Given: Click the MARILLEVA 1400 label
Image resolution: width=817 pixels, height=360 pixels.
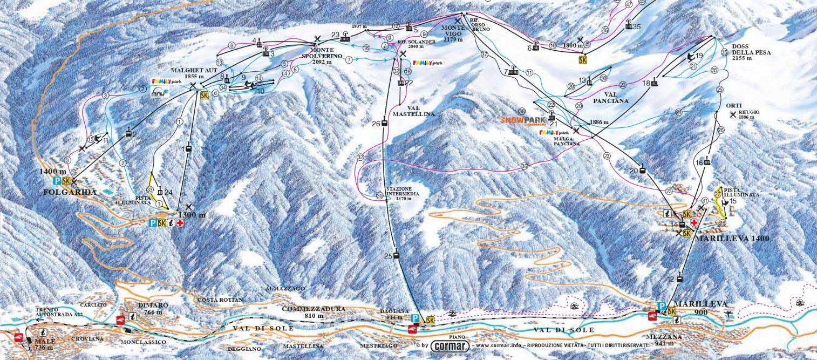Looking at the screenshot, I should [724, 238].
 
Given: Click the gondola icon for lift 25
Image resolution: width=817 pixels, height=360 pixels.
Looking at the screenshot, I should [397, 255].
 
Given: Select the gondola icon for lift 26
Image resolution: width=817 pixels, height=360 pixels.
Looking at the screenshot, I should [384, 123].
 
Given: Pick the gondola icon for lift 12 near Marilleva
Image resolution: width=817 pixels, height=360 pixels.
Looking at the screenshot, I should [679, 279].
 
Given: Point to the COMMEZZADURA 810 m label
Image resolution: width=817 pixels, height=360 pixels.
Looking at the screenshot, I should [313, 312].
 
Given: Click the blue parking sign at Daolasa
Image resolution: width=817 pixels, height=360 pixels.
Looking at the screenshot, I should [415, 319].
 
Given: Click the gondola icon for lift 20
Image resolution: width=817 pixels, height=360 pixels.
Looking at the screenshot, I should [642, 171].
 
